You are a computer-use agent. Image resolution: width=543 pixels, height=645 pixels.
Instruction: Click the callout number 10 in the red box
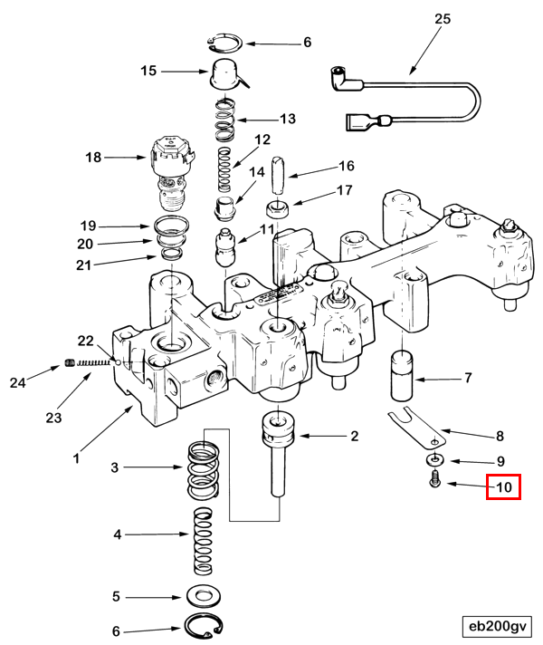(504, 487)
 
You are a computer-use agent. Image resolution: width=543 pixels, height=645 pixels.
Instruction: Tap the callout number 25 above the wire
(443, 19)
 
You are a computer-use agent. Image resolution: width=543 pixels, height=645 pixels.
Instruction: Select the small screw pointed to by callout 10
(435, 479)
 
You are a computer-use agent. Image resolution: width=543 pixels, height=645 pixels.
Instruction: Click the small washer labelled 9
(435, 459)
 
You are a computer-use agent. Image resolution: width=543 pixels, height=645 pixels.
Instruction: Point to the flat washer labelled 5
(203, 596)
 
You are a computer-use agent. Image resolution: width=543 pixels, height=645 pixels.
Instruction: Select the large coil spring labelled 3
(203, 470)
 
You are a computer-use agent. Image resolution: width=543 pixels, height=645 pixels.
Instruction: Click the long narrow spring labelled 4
(203, 541)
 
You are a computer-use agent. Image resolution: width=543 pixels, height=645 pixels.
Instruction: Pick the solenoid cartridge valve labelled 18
(172, 173)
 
